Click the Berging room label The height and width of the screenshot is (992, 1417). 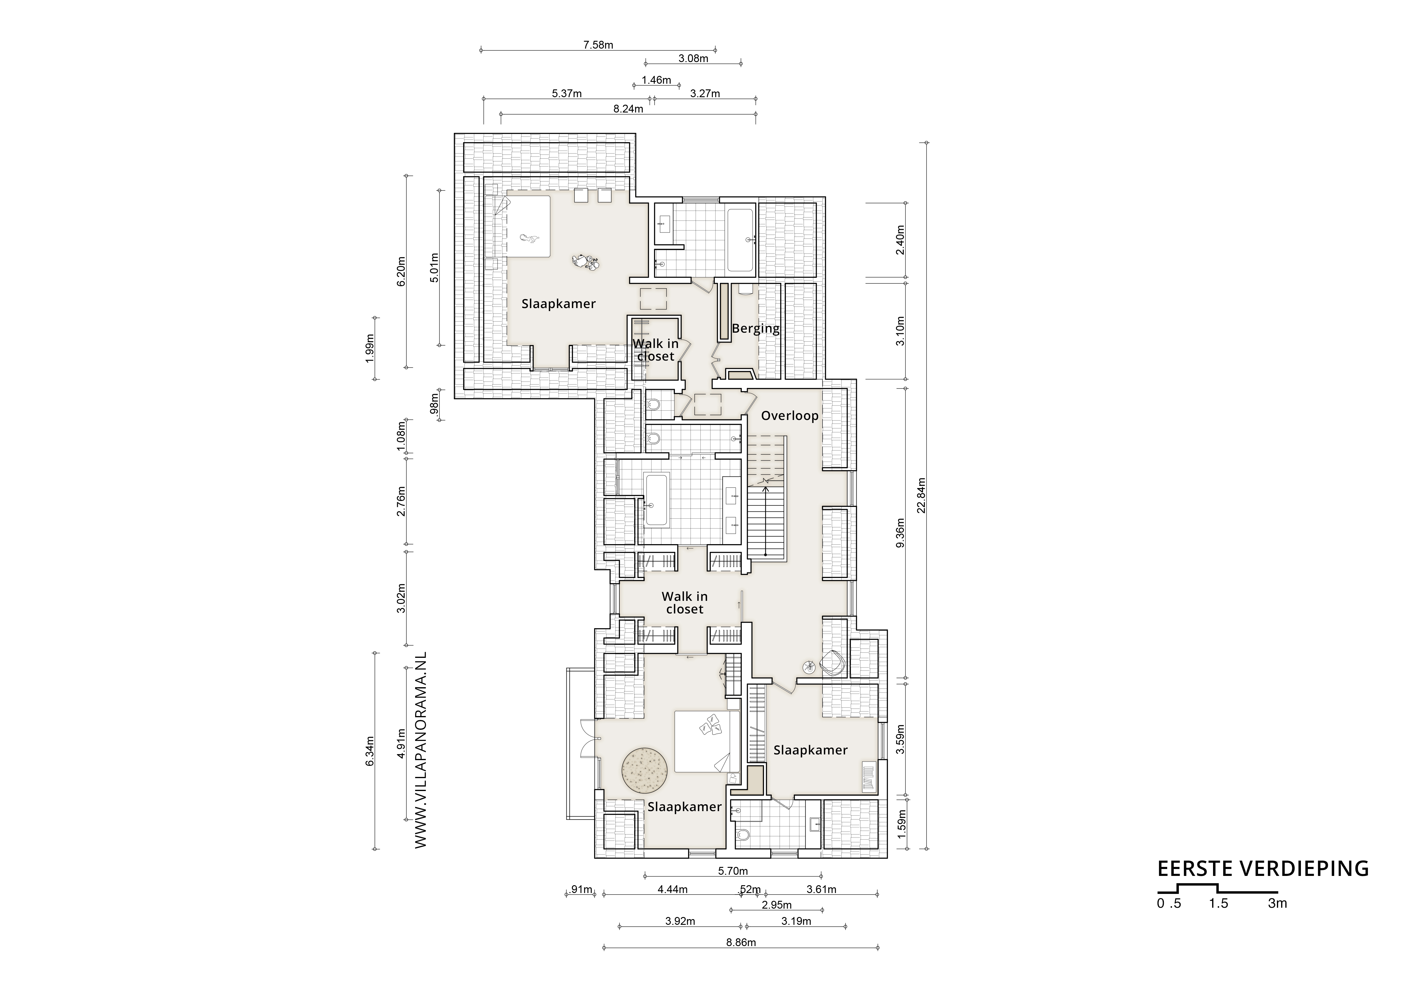click(755, 328)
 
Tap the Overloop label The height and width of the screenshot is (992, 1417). click(789, 415)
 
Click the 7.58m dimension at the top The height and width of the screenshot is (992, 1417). click(598, 45)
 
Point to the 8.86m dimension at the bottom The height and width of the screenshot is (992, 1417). click(741, 942)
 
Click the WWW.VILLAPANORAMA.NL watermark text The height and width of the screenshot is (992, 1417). click(421, 750)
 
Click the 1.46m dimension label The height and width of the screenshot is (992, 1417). click(656, 80)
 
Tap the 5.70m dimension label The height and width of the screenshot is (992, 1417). click(732, 871)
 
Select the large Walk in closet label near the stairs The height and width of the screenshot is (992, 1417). click(685, 602)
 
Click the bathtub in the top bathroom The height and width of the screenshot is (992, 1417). click(740, 240)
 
